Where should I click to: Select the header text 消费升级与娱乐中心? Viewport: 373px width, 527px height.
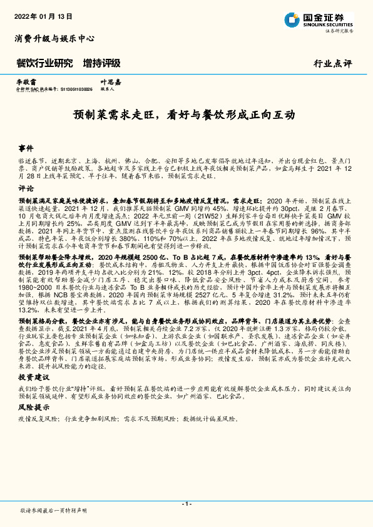(54, 38)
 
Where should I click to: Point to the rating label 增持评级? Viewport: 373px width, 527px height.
(101, 63)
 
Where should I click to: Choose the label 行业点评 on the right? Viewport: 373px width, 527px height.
(333, 64)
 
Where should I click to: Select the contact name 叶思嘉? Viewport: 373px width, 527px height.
(111, 82)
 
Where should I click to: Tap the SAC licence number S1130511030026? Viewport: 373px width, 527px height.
(75, 90)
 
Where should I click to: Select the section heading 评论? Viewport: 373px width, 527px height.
(26, 188)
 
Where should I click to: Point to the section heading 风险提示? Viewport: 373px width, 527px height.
(31, 407)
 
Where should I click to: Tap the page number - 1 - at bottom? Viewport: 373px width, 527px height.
(186, 504)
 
